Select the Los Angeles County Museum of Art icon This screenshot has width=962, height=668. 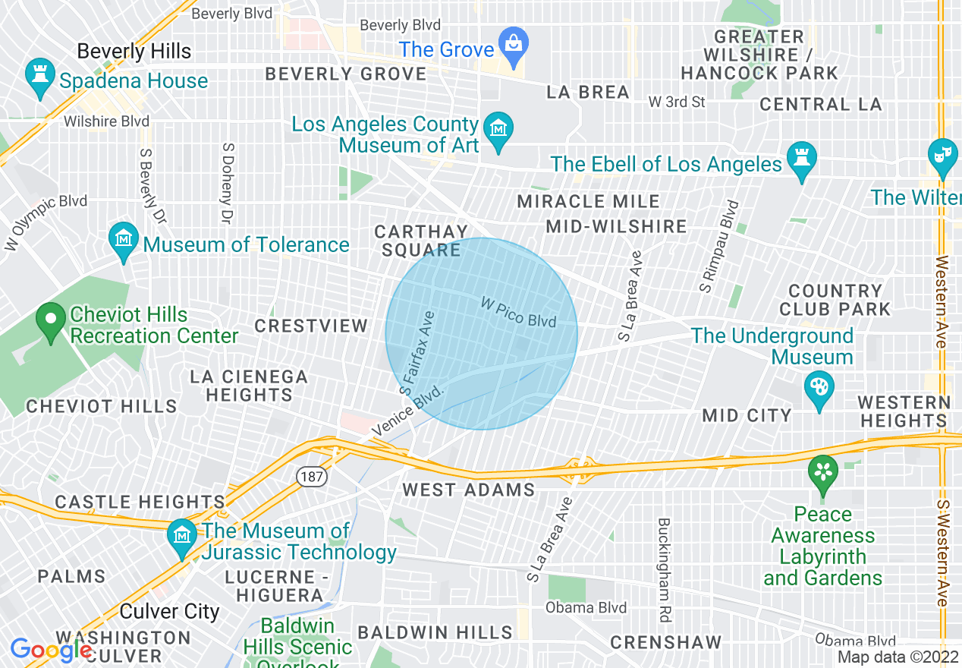[x=498, y=130]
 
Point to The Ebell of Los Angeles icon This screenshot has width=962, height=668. [x=800, y=159]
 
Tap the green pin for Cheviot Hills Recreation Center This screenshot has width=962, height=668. [x=51, y=320]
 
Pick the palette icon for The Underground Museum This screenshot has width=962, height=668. [x=819, y=388]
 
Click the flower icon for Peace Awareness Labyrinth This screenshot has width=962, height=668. [x=822, y=472]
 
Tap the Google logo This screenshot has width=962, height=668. [x=50, y=651]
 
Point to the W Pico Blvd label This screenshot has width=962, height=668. [x=519, y=312]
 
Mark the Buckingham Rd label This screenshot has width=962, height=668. [x=664, y=570]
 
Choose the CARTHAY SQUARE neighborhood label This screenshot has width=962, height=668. [x=422, y=241]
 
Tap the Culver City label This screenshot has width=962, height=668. [x=170, y=612]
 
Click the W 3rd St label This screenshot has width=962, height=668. [x=677, y=102]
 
